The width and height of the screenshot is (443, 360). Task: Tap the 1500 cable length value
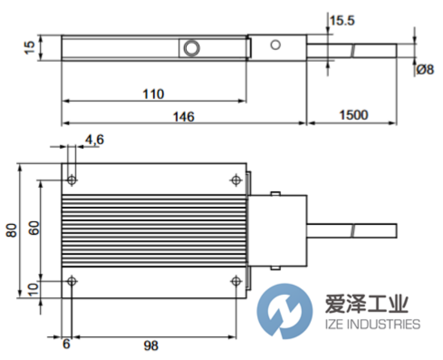click(x=353, y=115)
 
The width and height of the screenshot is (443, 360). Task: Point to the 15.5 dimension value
click(x=342, y=21)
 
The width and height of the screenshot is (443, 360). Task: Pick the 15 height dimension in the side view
click(x=31, y=47)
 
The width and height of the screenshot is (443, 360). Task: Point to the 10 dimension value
click(x=34, y=290)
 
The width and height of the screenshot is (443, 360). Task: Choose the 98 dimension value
click(x=151, y=346)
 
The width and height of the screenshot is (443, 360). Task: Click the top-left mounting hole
click(x=72, y=181)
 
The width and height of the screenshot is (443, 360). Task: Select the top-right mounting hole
click(x=236, y=181)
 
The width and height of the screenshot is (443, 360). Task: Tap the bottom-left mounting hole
click(x=72, y=281)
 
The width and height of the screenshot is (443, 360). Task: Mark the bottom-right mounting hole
click(x=236, y=281)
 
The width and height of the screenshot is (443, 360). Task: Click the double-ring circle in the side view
click(x=191, y=48)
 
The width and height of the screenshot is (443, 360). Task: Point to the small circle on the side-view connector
click(x=275, y=45)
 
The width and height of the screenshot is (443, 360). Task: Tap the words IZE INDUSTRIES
click(x=372, y=324)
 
